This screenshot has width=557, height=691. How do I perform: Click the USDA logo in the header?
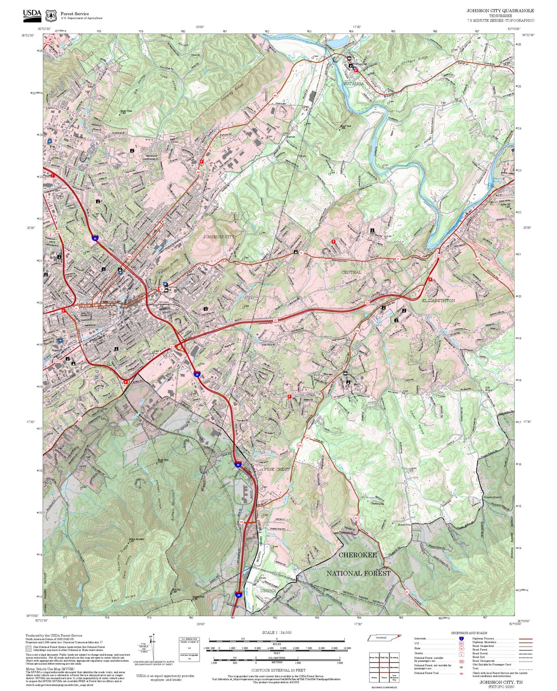32,15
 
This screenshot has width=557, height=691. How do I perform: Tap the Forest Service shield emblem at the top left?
50,16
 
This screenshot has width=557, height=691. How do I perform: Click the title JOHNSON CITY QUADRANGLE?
500,11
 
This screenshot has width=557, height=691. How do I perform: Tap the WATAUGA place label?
353,84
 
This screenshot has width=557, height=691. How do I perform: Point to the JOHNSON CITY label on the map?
219,236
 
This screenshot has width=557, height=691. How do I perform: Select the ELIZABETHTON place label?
438,300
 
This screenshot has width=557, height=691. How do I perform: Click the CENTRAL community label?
352,272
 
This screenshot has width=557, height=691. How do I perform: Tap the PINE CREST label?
277,470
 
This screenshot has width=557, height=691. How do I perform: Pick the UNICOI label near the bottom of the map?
268,591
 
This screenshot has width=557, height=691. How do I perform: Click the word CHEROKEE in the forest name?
357,555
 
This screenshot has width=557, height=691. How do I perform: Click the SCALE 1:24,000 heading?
277,632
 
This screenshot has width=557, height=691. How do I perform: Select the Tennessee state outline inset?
384,638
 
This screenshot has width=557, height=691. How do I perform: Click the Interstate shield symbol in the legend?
461,639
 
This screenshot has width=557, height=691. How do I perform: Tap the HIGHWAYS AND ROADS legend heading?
469,633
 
